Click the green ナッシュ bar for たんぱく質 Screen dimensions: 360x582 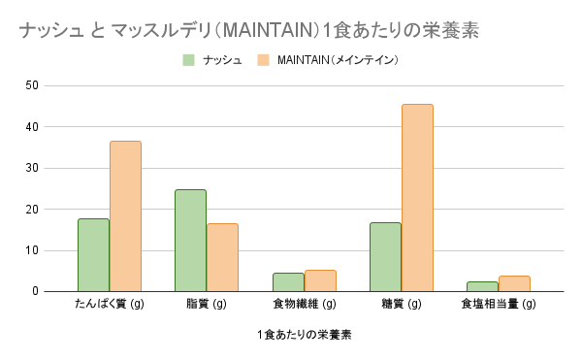pos(93,254)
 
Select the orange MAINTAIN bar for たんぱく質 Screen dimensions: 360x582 pos(125,216)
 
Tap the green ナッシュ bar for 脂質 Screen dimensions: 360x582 pos(190,241)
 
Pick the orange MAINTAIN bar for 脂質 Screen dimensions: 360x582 pos(222,257)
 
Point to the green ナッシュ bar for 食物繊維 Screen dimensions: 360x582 pos(288,282)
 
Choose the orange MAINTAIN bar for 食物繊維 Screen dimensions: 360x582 pos(320,280)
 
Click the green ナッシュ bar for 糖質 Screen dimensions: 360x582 pos(385,257)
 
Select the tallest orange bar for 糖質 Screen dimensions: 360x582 pos(417,198)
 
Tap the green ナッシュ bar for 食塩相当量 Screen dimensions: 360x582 pos(482,286)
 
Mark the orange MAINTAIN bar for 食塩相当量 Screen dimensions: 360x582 pos(514,283)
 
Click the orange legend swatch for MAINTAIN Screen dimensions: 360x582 pos(263,60)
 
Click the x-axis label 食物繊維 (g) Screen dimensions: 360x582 pos(304,305)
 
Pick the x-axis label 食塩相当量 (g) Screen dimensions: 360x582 pos(498,305)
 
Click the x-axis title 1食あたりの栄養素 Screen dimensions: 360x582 pos(304,335)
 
